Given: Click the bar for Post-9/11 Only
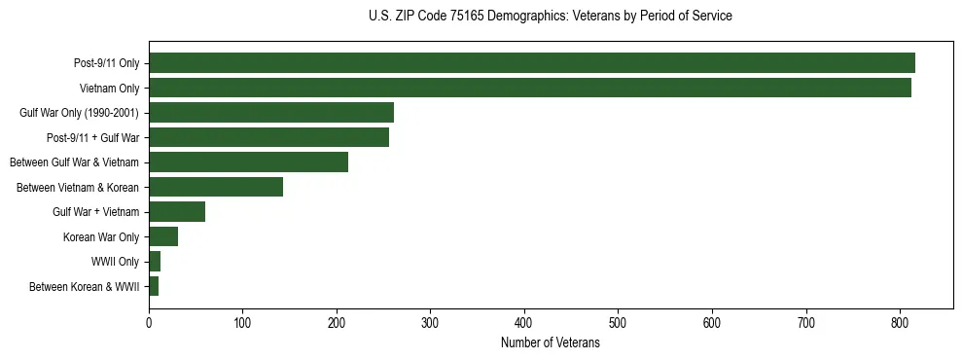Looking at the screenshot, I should click(531, 63).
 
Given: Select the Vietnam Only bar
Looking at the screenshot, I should click(529, 88).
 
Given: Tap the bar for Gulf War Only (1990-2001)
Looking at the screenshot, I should click(271, 113).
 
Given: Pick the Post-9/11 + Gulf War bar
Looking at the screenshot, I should click(268, 137).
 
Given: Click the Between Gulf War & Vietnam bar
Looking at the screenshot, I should click(248, 162).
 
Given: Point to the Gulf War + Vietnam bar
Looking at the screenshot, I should click(177, 211).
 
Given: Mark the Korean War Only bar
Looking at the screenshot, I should click(163, 236).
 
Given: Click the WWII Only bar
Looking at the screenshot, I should click(155, 261).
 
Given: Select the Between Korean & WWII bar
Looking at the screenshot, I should click(154, 286).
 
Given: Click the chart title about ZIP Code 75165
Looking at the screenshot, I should click(551, 17).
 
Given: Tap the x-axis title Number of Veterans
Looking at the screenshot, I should click(551, 343).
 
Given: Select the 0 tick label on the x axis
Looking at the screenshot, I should click(149, 321).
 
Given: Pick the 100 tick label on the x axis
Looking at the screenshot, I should click(243, 321).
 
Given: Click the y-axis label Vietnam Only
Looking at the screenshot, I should click(109, 89).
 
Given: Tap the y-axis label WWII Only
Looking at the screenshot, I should click(115, 262).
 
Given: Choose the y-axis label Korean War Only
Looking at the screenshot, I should click(101, 236).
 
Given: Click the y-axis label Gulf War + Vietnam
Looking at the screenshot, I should click(96, 212).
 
